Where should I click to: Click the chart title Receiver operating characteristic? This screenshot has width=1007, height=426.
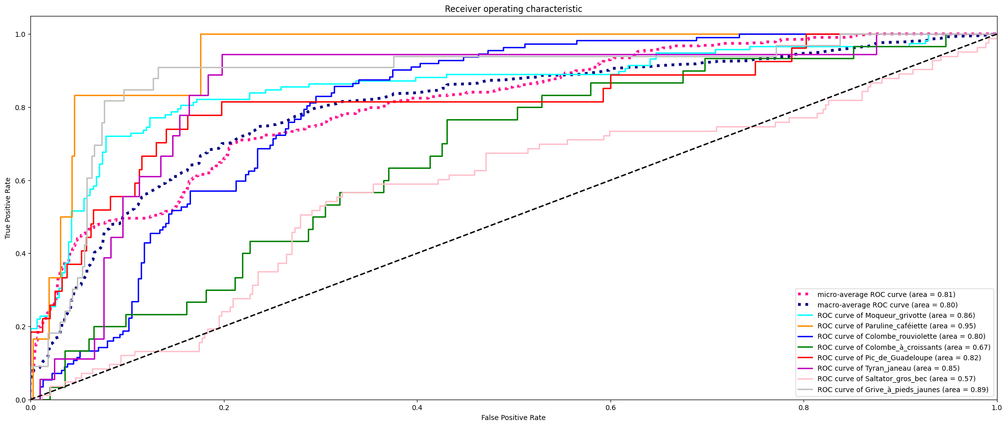(x=513, y=9)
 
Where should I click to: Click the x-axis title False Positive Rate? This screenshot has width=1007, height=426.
(x=513, y=418)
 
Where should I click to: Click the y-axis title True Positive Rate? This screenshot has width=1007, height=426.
(x=8, y=208)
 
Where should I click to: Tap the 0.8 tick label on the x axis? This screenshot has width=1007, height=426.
(x=804, y=408)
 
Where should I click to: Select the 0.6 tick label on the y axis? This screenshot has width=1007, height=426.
(x=20, y=180)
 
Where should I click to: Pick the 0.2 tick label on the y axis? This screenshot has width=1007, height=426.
(x=20, y=327)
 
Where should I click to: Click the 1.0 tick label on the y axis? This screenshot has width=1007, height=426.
(x=20, y=34)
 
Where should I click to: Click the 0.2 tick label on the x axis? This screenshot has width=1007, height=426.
(x=224, y=408)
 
